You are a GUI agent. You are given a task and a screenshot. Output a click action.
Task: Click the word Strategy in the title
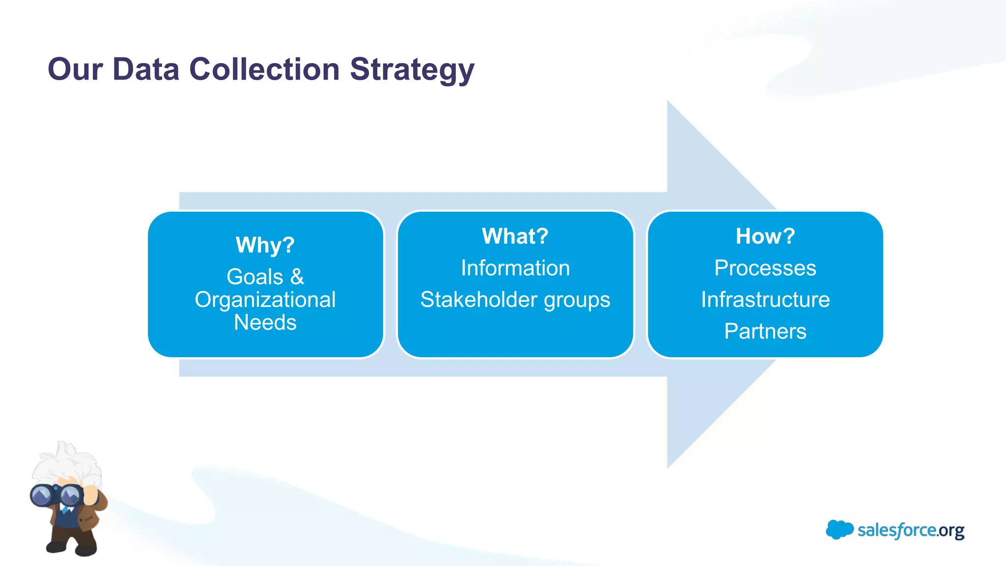pos(412,69)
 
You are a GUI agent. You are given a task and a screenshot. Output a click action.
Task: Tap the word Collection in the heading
pos(264,69)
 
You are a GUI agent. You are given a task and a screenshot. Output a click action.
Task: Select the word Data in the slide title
pos(146,69)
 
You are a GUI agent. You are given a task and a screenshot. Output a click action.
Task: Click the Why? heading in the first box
pos(265,245)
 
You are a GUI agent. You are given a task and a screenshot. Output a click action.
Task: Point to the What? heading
pos(515,236)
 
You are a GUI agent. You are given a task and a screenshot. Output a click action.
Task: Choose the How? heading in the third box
pos(765,236)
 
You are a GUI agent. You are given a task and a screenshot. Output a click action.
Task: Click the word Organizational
pos(265,300)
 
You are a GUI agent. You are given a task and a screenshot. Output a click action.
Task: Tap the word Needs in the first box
pos(265,323)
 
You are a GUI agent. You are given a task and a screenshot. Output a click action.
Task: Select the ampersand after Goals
pos(297,277)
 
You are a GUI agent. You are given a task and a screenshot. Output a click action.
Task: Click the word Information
pos(515,268)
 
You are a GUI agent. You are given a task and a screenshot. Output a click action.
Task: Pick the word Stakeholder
pos(475,300)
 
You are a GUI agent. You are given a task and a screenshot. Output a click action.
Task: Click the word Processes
pos(765,268)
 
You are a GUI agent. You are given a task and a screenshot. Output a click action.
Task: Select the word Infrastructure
pos(765,300)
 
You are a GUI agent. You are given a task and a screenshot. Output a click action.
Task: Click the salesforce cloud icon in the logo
pos(839,530)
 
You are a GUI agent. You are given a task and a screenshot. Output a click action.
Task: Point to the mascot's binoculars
pos(55,496)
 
